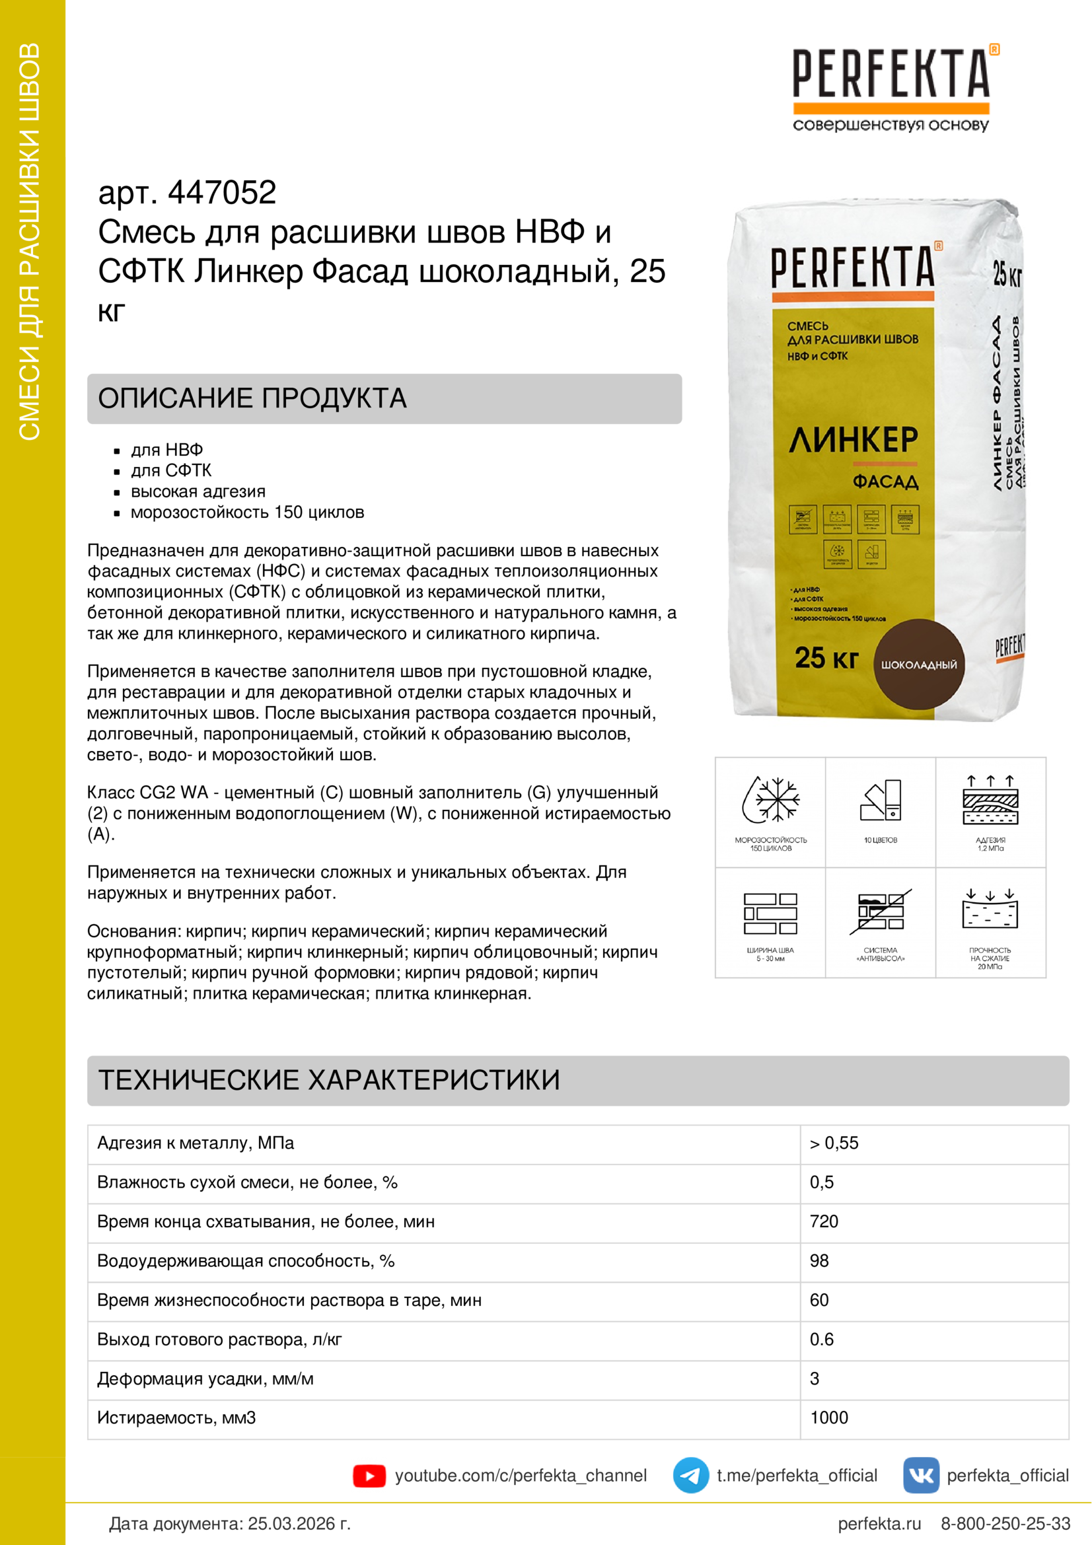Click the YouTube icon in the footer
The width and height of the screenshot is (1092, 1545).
[x=369, y=1476]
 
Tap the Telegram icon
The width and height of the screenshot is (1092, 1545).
[x=690, y=1476]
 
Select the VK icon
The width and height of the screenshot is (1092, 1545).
[x=920, y=1476]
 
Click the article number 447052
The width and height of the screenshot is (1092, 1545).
[x=222, y=193]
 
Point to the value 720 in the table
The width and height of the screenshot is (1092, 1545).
[x=824, y=1221]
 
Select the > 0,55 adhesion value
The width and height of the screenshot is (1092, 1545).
[x=834, y=1143]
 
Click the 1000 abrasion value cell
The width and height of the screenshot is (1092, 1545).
[x=829, y=1418]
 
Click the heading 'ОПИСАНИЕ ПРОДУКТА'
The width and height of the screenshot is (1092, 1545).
[x=252, y=398]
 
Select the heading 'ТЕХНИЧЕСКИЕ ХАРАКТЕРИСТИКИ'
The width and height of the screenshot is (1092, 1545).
[x=329, y=1080]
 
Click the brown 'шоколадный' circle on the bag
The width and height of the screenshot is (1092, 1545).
[x=918, y=663]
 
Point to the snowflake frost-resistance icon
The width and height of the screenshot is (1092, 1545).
[x=770, y=800]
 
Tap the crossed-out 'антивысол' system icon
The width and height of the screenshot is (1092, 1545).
[x=880, y=912]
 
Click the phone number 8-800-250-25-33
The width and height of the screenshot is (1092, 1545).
[x=1005, y=1523]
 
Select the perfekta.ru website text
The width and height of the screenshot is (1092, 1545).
[x=879, y=1523]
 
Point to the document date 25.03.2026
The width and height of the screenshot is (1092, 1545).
[x=299, y=1523]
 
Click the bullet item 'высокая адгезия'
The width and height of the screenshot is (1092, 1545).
[x=198, y=491]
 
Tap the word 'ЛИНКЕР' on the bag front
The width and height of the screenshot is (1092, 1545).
[x=853, y=440]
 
